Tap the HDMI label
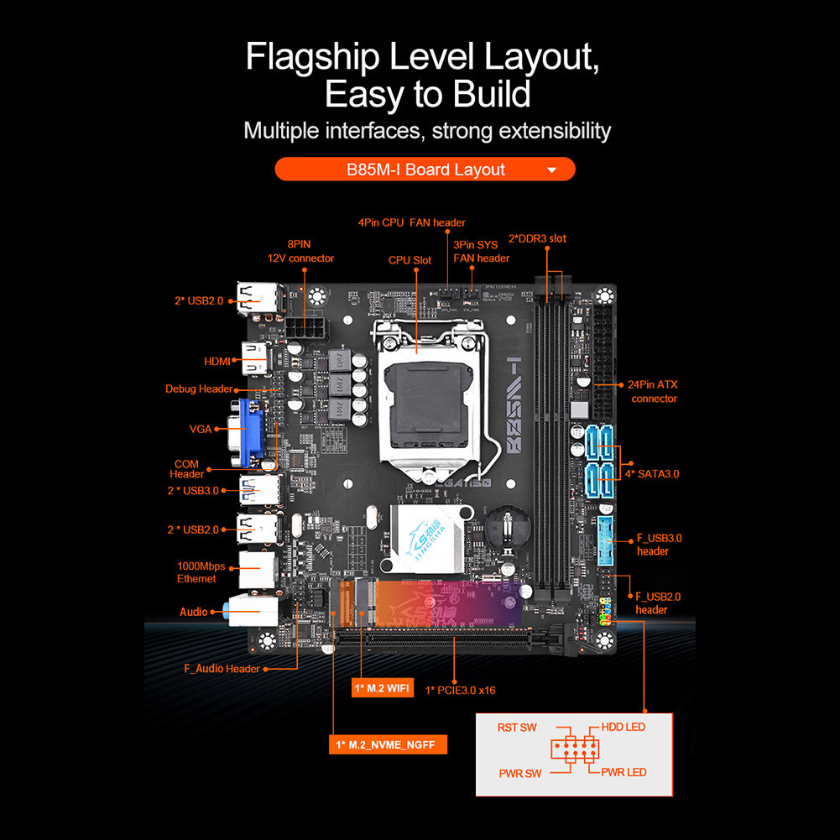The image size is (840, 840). pos(217,362)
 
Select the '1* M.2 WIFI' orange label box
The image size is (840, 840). pos(382,689)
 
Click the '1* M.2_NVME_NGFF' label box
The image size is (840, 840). pos(387,744)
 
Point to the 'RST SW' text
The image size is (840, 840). pos(516,728)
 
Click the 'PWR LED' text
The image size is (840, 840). pos(623,772)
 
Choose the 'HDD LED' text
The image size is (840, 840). pos(623,728)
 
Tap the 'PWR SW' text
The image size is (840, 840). pos(521,774)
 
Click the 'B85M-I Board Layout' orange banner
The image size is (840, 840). pos(425,170)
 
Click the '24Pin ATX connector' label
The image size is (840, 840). pos(654,392)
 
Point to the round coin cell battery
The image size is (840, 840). pos(509,525)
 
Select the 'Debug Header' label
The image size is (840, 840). pos(198,389)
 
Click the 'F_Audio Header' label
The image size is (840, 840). pos(222,669)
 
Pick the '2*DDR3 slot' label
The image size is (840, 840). pos(537,239)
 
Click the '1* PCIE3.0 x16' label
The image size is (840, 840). pos(460,691)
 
